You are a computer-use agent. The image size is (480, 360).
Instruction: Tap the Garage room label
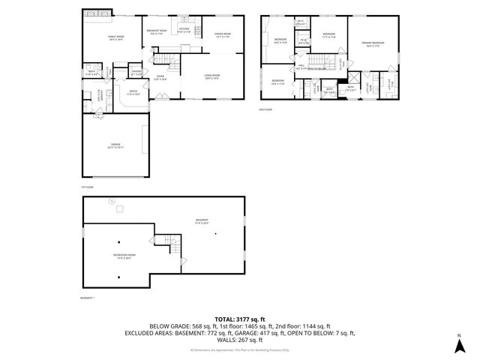(x=116, y=145)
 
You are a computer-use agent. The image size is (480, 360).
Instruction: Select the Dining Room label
(x=223, y=34)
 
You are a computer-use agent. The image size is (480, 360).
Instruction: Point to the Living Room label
(x=211, y=77)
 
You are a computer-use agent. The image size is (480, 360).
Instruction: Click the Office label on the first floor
(x=133, y=93)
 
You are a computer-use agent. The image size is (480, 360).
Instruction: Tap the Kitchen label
(x=184, y=31)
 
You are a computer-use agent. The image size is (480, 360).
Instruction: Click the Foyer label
(x=160, y=77)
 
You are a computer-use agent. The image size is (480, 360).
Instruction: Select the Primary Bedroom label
(x=373, y=44)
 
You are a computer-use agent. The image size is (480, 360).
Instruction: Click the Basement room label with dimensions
(x=201, y=220)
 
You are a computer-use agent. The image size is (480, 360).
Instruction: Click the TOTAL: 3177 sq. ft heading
(x=239, y=319)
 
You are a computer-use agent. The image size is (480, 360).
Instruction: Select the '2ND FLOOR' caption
(x=264, y=109)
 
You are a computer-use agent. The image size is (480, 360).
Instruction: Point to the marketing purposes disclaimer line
(x=239, y=349)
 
